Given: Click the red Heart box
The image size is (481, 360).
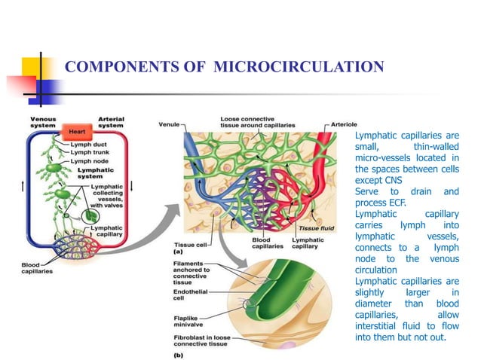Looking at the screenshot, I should coord(76,131).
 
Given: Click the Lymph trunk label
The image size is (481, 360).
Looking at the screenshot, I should coord(90,151).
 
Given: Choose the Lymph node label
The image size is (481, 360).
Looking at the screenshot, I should coord(89,160).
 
